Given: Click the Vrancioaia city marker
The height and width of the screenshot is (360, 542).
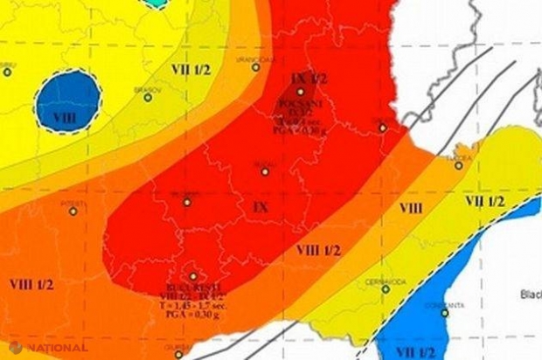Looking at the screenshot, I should click(x=256, y=66).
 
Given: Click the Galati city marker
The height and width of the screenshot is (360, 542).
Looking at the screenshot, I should click(x=382, y=128).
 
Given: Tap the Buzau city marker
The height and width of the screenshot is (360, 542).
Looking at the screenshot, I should click(x=266, y=170).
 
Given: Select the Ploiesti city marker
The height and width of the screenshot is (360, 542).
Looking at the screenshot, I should click(x=186, y=202).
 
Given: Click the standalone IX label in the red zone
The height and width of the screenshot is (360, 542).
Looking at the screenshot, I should click(x=260, y=207).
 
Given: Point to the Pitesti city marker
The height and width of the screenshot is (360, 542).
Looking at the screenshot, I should click(x=73, y=210).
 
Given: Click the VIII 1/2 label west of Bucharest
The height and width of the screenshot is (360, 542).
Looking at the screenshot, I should click(x=31, y=284).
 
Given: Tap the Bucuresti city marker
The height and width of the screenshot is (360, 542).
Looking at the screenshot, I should click(x=193, y=276).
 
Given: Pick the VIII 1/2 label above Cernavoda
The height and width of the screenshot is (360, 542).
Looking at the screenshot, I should click(x=318, y=250).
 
